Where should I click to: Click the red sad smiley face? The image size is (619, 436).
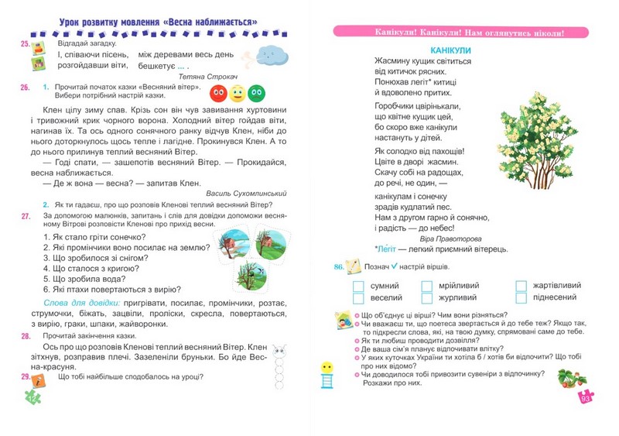(x=219, y=93)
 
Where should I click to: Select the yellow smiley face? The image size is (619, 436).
(x=238, y=93)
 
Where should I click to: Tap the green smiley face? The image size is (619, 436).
(x=256, y=93)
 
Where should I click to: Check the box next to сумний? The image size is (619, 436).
(x=358, y=286)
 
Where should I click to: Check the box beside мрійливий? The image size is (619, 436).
(x=427, y=286)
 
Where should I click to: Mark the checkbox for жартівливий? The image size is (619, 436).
(x=521, y=286)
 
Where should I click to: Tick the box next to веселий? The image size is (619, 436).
(x=358, y=297)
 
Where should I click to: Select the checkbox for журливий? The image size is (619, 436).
(x=427, y=297)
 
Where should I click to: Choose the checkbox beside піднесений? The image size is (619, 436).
(x=521, y=297)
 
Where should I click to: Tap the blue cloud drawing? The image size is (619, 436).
(x=271, y=54)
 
